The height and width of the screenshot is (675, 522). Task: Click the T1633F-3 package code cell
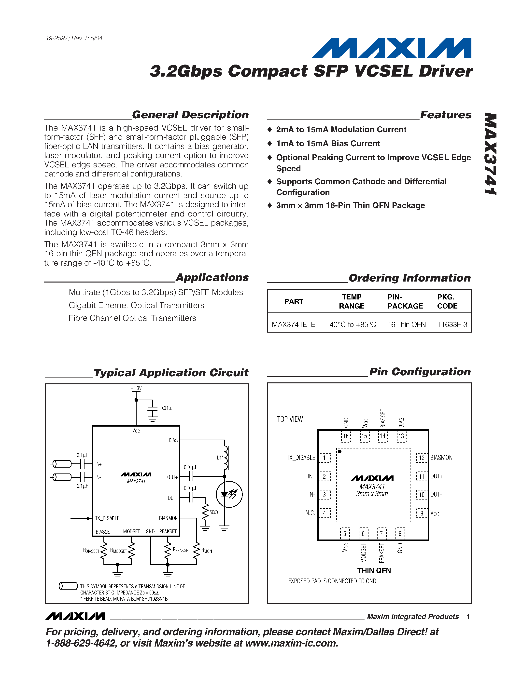(x=452, y=324)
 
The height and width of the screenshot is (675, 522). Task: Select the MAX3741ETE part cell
(x=294, y=324)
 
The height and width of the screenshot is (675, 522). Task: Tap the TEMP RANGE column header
(x=352, y=301)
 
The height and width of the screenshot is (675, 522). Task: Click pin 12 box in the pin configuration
(x=422, y=458)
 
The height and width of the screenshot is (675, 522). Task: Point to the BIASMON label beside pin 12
(x=441, y=458)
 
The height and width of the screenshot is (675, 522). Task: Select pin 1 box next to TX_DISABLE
(x=325, y=458)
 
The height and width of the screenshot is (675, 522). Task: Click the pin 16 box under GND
(x=346, y=436)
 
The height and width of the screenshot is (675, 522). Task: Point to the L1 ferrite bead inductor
(x=226, y=458)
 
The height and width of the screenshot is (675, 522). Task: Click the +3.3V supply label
(x=136, y=388)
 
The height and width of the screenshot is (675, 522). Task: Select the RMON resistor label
(x=207, y=551)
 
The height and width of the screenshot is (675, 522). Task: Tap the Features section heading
(x=446, y=115)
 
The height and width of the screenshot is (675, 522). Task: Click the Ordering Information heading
(x=409, y=278)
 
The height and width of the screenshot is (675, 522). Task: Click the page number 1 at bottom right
(x=468, y=617)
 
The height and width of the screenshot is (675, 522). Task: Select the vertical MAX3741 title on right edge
(x=491, y=154)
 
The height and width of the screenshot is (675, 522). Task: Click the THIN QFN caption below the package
(x=374, y=570)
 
